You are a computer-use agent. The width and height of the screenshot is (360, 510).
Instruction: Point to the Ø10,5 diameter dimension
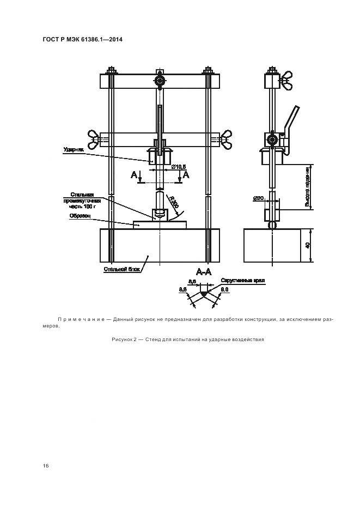pos(179,167)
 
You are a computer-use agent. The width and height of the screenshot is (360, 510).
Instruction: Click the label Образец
pos(79,216)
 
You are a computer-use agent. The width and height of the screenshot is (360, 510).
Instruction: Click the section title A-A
pos(204,271)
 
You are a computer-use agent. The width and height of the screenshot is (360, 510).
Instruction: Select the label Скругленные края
pos(242,281)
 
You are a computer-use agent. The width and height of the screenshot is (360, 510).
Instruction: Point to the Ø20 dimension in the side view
pos(258,198)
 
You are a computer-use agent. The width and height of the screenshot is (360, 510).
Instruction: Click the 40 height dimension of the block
pos(308,245)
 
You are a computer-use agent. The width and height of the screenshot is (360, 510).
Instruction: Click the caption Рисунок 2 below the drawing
pos(188,339)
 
